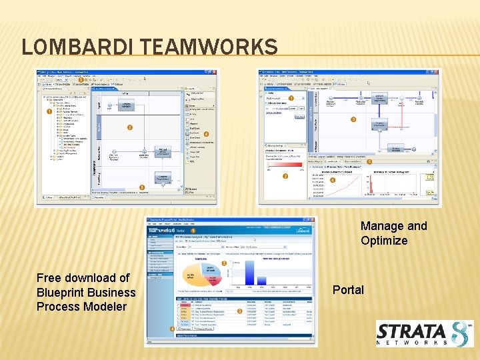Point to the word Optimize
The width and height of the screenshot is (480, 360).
[384, 241]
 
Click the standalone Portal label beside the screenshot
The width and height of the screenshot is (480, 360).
[348, 290]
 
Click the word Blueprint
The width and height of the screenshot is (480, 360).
[62, 293]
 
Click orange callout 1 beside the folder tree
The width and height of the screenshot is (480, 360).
[49, 112]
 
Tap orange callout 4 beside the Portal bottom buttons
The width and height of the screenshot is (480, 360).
[172, 329]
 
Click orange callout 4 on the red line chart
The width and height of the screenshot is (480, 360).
[333, 180]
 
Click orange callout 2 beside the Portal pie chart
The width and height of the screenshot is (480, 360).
[224, 263]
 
